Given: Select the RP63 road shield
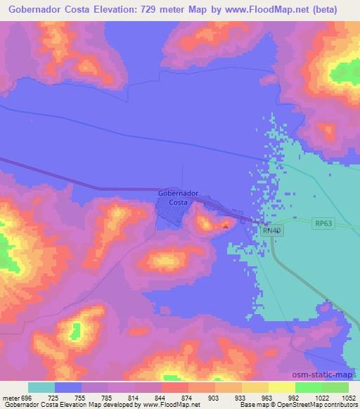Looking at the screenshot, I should (x=323, y=223).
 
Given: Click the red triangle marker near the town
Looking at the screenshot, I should (x=225, y=226).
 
